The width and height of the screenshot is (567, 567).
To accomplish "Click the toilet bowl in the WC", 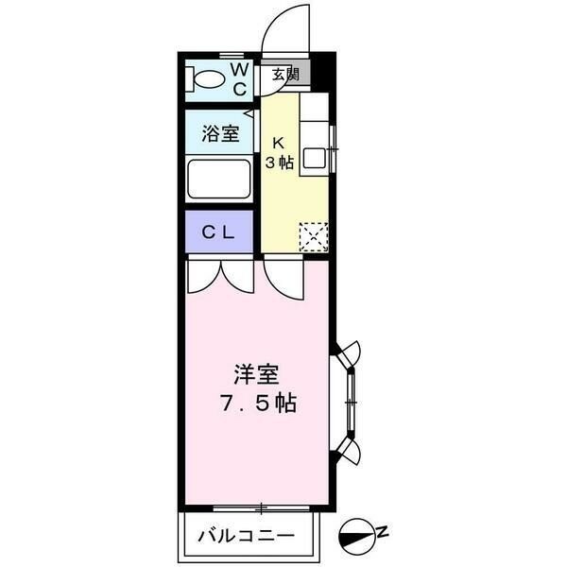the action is tap(209, 79).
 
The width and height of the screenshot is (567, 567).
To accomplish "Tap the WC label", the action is tap(239, 79).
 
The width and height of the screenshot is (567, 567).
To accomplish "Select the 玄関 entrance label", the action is tap(285, 75).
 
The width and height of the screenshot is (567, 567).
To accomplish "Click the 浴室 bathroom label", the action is tap(220, 133).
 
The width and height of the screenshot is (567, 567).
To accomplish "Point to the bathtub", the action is tap(219, 179).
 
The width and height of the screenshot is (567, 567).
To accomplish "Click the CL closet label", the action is tap(218, 232).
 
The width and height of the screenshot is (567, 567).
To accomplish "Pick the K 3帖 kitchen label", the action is tap(279, 153).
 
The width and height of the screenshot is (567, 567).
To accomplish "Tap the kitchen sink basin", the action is tap(315, 158).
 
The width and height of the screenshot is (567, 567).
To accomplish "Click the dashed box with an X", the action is tap(314, 237).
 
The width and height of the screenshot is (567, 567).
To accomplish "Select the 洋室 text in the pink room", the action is tap(256, 374).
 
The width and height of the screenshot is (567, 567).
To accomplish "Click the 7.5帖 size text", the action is tap(258, 404).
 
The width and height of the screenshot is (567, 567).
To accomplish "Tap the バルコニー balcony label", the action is tap(247, 536).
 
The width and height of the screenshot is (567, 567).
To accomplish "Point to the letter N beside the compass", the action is tap(383, 531).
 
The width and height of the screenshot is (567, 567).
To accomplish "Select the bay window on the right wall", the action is tap(347, 403).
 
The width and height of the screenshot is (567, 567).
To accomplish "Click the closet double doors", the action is tap(220, 276).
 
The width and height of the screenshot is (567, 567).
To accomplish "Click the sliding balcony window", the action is tap(261, 508).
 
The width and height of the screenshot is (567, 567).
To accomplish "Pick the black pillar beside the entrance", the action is tap(322, 72).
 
